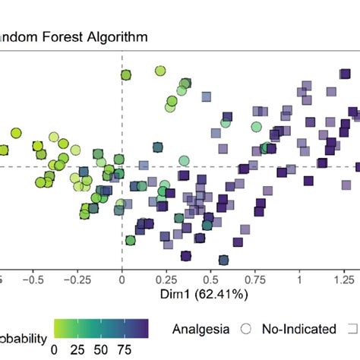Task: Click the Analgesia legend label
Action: click(201, 329)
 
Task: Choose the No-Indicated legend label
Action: click(298, 329)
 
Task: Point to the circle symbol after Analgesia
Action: click(245, 329)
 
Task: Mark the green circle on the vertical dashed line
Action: click(126, 74)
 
